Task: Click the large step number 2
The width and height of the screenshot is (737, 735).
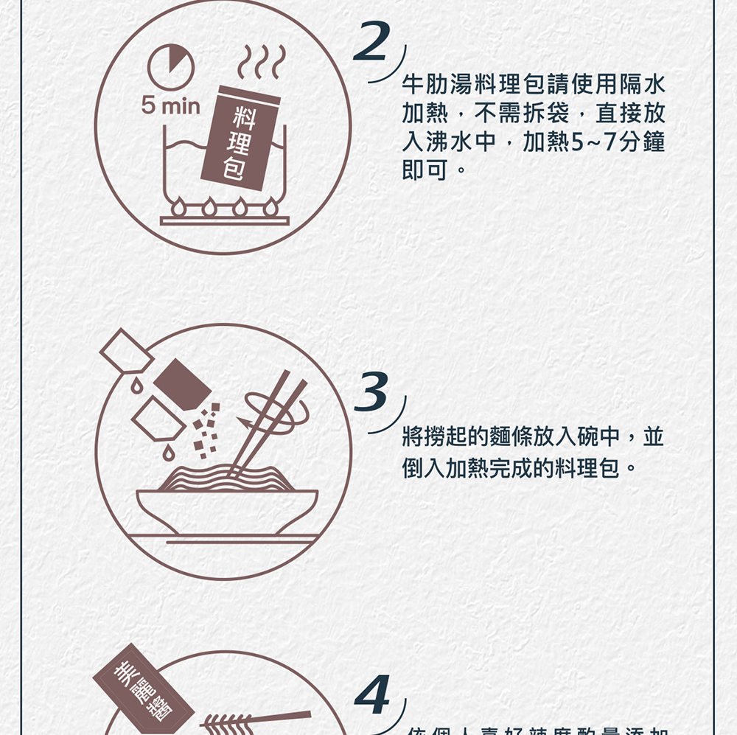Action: click(373, 41)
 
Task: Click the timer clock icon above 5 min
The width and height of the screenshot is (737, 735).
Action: click(171, 66)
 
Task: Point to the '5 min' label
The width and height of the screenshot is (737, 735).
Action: click(171, 107)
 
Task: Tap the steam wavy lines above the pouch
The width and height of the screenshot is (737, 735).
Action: click(259, 62)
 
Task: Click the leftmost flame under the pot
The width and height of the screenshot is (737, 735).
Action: click(179, 207)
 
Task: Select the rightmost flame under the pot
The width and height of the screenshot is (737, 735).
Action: click(271, 207)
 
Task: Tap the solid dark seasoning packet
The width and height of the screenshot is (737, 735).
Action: click(182, 383)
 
